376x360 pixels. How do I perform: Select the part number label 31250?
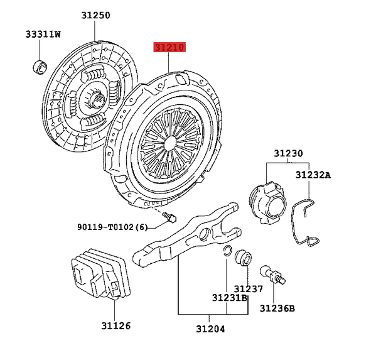pyautogui.click(x=95, y=14)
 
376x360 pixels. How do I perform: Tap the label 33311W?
pyautogui.click(x=43, y=34)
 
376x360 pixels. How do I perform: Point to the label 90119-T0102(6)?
pyautogui.click(x=113, y=227)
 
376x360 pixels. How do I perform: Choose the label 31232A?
pyautogui.click(x=313, y=176)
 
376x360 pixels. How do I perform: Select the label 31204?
pyautogui.click(x=209, y=329)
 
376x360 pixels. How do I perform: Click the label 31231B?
pyautogui.click(x=229, y=298)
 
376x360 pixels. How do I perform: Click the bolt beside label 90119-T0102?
pyautogui.click(x=169, y=217)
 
